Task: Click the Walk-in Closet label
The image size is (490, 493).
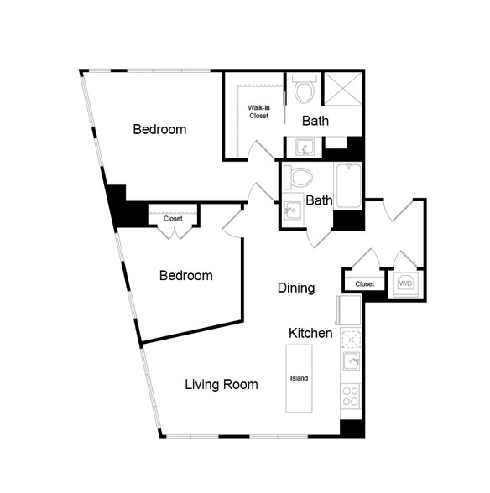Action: (x=258, y=112)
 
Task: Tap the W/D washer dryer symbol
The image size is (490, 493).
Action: (x=405, y=283)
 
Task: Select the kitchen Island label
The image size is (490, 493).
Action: (x=299, y=378)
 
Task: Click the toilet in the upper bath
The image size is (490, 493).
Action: (x=304, y=89)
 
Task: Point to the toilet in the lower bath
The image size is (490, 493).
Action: (x=298, y=177)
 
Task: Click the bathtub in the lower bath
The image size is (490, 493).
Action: (x=349, y=185)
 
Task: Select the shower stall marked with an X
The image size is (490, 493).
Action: (x=343, y=89)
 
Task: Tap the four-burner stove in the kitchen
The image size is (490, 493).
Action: (x=351, y=396)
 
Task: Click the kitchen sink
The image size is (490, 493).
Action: (x=352, y=361)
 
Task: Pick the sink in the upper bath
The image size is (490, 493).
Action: (x=305, y=148)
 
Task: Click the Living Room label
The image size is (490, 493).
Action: (x=222, y=385)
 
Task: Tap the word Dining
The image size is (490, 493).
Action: (x=296, y=288)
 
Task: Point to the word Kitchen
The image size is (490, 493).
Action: (x=310, y=333)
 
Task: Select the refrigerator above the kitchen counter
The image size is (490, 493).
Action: (x=349, y=310)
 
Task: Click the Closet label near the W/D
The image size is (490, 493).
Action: (x=364, y=284)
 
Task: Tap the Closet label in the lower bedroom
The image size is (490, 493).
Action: (x=173, y=218)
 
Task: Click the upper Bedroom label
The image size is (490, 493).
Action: (x=159, y=129)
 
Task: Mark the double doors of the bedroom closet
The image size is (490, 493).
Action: (x=175, y=232)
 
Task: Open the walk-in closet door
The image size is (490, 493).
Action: (x=261, y=150)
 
